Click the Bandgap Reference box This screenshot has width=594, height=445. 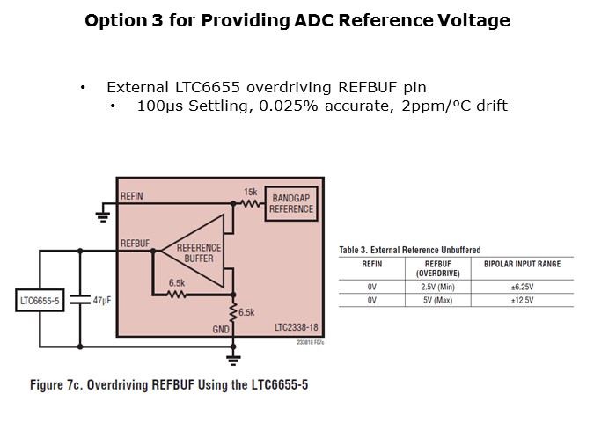coord(291,204)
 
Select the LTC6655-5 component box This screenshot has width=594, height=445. coord(40,301)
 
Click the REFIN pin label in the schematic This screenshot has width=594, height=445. coord(131,196)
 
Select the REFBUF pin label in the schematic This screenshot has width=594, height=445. coord(135,242)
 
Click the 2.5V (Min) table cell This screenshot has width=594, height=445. coord(437,287)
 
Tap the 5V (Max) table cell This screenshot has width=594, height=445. coord(437,300)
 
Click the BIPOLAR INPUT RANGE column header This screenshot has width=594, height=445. coord(522,265)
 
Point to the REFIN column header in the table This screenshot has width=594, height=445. coord(371,265)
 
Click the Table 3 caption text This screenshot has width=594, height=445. coord(409,251)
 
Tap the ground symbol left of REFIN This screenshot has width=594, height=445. coord(102,211)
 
